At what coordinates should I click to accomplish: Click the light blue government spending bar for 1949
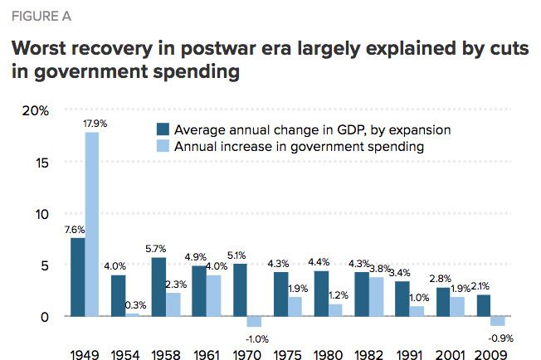(x=91, y=224)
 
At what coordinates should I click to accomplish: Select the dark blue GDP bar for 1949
(x=77, y=277)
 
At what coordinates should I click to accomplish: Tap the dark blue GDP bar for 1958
(x=158, y=287)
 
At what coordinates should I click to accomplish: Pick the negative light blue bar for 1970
(x=254, y=322)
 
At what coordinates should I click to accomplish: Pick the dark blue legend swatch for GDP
(x=163, y=129)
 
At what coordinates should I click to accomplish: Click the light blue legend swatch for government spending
(x=163, y=146)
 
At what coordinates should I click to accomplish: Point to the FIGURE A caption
(x=39, y=14)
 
